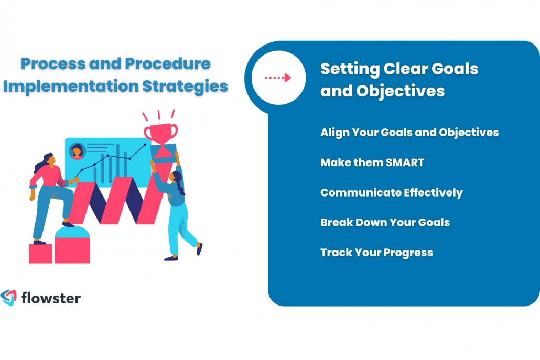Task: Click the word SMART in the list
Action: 405,162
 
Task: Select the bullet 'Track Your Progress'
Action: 376,253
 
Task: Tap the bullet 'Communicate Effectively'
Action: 391,192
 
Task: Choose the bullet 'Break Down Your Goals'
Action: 385,222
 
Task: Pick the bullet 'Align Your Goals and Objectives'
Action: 409,132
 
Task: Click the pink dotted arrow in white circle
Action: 277,78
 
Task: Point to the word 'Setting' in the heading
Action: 349,69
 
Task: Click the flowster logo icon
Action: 9,298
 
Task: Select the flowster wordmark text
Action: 51,298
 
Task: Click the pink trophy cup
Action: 160,132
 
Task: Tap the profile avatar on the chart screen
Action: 77,151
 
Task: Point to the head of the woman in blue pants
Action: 175,177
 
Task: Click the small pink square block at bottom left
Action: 40,254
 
